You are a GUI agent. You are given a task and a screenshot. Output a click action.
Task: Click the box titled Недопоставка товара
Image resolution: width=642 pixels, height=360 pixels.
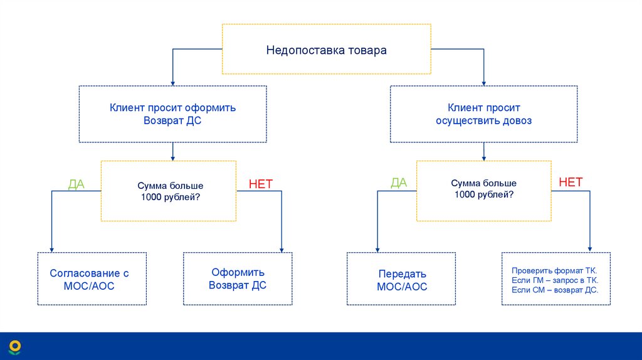[326, 50]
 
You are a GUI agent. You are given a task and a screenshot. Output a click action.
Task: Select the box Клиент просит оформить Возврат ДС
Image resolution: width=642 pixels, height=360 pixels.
[172, 114]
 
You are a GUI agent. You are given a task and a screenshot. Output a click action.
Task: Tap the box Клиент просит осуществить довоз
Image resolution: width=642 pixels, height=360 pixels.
[483, 114]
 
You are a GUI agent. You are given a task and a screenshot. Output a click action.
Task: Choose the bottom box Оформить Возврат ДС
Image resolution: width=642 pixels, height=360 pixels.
[238, 279]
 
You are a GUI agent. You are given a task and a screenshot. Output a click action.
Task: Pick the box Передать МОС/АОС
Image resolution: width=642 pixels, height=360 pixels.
[402, 280]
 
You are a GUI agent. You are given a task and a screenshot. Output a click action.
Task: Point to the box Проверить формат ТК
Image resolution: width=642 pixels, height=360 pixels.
[555, 279]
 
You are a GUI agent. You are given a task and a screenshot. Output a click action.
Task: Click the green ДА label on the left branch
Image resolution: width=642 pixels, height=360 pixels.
[76, 184]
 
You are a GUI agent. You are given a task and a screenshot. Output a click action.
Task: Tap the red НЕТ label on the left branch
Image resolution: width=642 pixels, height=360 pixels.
[261, 184]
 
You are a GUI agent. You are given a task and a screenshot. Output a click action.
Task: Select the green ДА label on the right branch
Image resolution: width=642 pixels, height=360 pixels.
[399, 183]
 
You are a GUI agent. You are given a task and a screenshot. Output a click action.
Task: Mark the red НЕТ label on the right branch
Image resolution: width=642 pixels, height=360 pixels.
[571, 183]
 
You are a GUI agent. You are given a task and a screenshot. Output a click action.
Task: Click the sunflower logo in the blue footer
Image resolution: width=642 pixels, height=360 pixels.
[14, 347]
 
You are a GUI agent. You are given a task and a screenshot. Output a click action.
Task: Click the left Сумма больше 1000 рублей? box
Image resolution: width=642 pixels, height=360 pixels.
[169, 191]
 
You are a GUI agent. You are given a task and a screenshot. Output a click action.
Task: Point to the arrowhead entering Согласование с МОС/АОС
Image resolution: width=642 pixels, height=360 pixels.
[51, 249]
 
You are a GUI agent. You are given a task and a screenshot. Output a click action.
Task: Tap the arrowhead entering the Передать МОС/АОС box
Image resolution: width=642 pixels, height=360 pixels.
[377, 249]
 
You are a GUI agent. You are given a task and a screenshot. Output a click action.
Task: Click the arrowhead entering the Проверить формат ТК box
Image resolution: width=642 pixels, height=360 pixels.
[589, 249]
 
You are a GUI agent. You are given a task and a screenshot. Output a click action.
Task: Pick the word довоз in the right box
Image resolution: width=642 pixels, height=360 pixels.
[517, 120]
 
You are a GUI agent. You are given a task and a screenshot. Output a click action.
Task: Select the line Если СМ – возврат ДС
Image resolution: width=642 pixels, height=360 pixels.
[555, 290]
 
